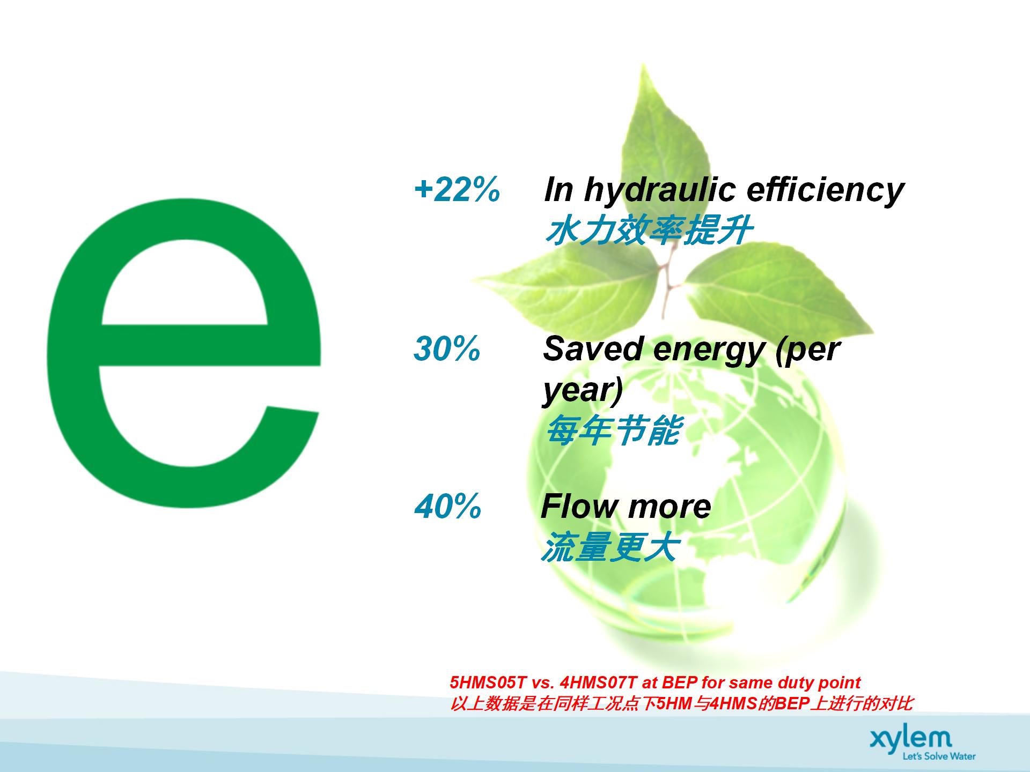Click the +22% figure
coord(457,189)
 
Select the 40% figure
coord(448,506)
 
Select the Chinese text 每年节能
coord(614,429)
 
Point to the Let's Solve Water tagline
coord(939,756)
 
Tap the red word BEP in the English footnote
coord(680,682)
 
